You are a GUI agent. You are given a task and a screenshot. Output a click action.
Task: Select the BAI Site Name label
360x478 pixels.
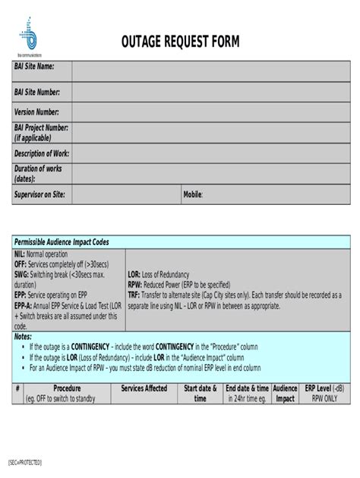[35, 67]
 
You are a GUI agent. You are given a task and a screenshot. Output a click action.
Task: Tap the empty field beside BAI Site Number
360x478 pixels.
[211, 92]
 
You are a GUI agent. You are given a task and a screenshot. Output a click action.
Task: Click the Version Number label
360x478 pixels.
[36, 112]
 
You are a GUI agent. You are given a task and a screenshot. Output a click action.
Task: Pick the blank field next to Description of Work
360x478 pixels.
[211, 153]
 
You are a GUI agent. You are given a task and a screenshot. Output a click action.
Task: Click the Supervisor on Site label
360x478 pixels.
[39, 194]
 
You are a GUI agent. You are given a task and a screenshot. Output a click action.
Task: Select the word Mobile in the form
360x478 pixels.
[192, 195]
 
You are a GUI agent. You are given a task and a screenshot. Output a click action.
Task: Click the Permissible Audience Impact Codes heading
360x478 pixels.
[62, 241]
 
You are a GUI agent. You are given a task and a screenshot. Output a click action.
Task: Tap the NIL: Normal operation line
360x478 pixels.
[41, 254]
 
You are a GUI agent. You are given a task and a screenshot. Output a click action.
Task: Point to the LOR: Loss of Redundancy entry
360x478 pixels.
[159, 274]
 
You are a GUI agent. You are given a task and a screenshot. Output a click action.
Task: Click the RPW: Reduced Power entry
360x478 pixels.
[178, 284]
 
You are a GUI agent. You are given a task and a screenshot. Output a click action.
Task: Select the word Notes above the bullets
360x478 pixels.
[23, 335]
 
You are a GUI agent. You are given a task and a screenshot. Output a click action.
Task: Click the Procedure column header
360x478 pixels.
[68, 388]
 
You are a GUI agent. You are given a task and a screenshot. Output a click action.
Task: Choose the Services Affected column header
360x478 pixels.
[144, 388]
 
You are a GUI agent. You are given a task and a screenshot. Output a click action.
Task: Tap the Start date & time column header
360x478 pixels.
[201, 392]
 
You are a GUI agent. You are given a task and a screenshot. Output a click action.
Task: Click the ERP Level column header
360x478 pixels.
[324, 388]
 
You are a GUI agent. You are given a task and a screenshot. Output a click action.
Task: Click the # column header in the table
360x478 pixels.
[17, 388]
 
